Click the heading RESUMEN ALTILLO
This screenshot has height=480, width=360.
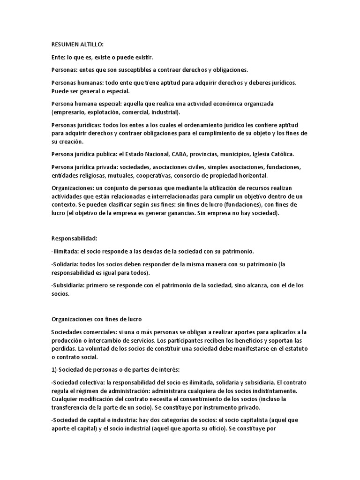pos(77,45)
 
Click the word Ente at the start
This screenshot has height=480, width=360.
pos(58,57)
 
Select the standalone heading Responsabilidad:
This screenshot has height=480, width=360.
pos(74,238)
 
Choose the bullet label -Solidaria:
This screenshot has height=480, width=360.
pos(66,264)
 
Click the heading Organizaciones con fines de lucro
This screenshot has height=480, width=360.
pos(93,319)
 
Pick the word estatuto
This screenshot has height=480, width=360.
pos(295,349)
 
